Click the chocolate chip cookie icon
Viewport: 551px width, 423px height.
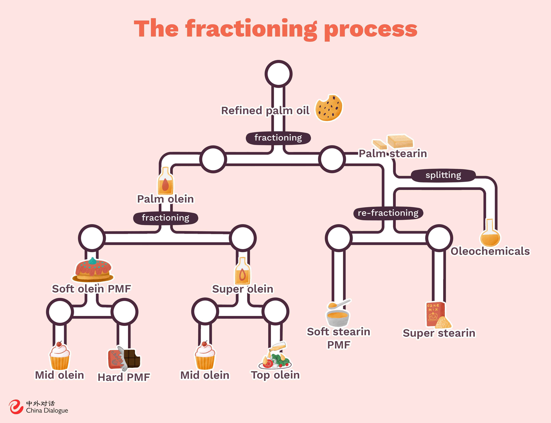click(329, 108)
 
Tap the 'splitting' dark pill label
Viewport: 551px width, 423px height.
click(443, 175)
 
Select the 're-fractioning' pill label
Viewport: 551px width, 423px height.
click(388, 213)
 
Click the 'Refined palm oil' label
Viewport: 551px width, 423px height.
click(265, 111)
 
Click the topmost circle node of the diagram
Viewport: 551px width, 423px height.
click(278, 74)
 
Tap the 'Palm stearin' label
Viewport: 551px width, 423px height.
click(393, 153)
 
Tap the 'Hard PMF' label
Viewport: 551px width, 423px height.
click(124, 377)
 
